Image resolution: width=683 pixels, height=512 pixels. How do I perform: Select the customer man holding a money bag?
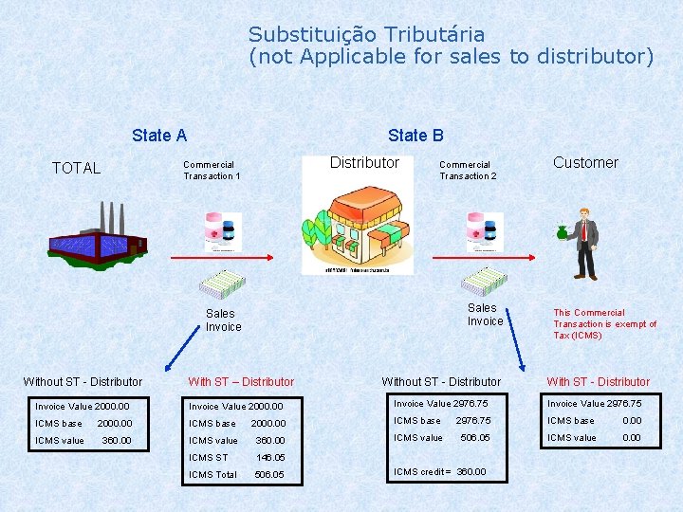580,243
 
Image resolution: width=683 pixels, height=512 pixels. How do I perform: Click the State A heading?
159,136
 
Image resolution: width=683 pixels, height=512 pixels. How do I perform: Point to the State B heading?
415,136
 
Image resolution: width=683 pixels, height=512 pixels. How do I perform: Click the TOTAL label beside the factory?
76,169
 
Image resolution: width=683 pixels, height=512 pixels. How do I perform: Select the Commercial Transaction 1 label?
211,171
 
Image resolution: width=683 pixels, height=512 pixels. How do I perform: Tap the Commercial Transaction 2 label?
467,171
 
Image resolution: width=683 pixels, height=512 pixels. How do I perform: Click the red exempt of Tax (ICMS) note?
604,324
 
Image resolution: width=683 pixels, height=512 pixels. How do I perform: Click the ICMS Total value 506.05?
268,475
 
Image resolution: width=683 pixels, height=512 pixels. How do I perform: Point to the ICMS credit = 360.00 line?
439,472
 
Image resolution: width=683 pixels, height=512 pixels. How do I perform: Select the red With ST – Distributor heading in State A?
241,382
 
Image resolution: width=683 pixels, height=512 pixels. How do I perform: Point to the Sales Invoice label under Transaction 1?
224,320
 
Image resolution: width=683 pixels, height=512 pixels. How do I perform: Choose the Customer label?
585,163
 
